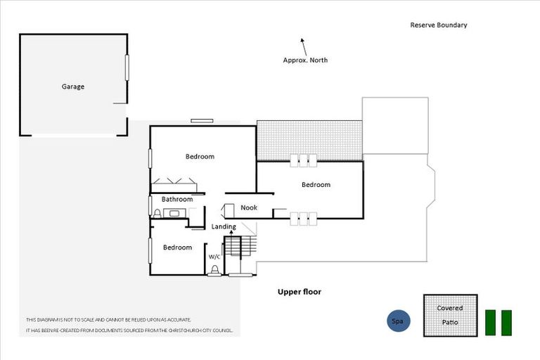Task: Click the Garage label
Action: (x=72, y=86)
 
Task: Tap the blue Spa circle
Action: (x=398, y=321)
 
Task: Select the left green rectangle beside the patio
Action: (x=491, y=322)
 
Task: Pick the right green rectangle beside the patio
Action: (x=506, y=322)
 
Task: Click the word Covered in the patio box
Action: (x=450, y=308)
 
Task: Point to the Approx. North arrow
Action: (x=303, y=46)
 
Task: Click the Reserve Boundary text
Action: (x=439, y=25)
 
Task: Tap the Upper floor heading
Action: (x=299, y=291)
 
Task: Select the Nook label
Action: (x=249, y=207)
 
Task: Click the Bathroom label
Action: (x=177, y=200)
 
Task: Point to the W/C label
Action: (x=214, y=257)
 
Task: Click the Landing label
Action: (x=224, y=226)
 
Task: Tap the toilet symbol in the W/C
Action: (x=214, y=269)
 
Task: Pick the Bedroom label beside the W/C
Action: (x=177, y=247)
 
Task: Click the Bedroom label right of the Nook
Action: (x=316, y=185)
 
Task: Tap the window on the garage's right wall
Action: (x=127, y=67)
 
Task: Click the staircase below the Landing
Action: (x=233, y=248)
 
